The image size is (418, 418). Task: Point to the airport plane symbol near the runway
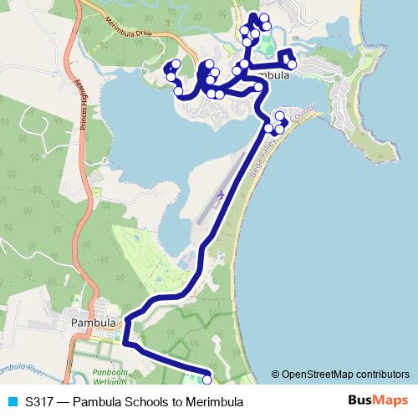pyautogui.click(x=221, y=195)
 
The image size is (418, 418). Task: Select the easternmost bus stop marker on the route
pyautogui.click(x=292, y=64)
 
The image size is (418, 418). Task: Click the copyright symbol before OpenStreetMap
pyautogui.click(x=277, y=375)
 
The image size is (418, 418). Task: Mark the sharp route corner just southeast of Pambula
pyautogui.click(x=125, y=343)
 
